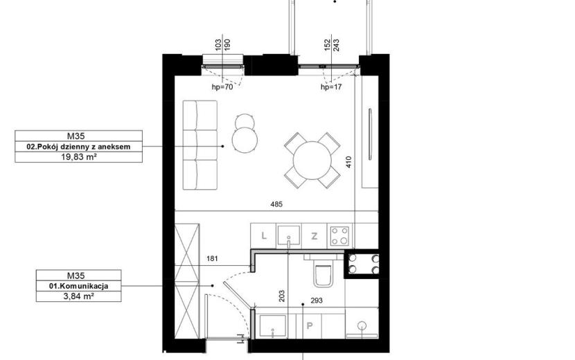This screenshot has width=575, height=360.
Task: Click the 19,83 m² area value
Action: coord(78,157)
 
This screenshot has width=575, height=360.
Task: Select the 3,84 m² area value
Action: coord(78,296)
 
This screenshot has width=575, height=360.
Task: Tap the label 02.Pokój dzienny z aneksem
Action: coord(78,147)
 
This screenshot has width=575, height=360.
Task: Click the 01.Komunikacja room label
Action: coord(78,286)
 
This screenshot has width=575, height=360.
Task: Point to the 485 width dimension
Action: coord(276,204)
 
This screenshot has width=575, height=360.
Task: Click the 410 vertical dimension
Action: coord(348,162)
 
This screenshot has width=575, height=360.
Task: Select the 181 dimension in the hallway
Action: coord(212,258)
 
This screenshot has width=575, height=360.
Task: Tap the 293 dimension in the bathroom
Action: coord(317,300)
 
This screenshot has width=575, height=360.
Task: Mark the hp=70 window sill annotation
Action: coord(222,87)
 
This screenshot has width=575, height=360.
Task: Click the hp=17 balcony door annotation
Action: coord(331,87)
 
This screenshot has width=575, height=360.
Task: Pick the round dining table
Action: coord(312,160)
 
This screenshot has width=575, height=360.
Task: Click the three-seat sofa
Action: coord(200,145)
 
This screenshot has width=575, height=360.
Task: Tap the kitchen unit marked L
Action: coord(263,235)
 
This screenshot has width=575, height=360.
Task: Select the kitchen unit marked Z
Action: coord(315,236)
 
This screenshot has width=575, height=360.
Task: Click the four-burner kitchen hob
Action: coord(339,235)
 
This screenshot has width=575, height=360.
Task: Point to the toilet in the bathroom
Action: coord(323,274)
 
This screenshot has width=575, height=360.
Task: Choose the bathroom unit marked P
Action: coord(309,325)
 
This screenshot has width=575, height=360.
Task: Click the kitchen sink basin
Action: coord(289,236)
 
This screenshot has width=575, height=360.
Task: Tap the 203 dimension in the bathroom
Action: coord(282,296)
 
